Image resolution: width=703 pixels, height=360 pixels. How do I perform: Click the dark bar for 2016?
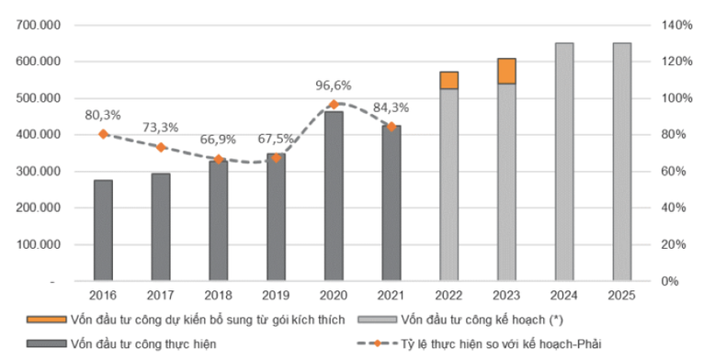103,231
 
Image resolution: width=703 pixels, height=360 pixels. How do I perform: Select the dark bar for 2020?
334,196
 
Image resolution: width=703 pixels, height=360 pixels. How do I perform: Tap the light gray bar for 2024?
564,162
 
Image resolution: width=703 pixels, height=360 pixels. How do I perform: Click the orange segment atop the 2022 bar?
448,80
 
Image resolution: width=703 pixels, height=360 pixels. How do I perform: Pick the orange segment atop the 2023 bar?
506,71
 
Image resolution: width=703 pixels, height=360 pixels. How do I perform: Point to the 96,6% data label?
334,86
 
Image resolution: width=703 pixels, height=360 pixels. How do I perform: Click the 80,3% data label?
103,116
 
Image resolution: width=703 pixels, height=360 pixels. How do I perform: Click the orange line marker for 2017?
160,147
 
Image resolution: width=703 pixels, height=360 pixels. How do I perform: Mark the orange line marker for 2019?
276,158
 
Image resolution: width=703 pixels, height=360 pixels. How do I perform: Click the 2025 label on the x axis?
622,295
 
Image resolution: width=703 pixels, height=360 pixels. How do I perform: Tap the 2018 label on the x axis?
218,295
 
